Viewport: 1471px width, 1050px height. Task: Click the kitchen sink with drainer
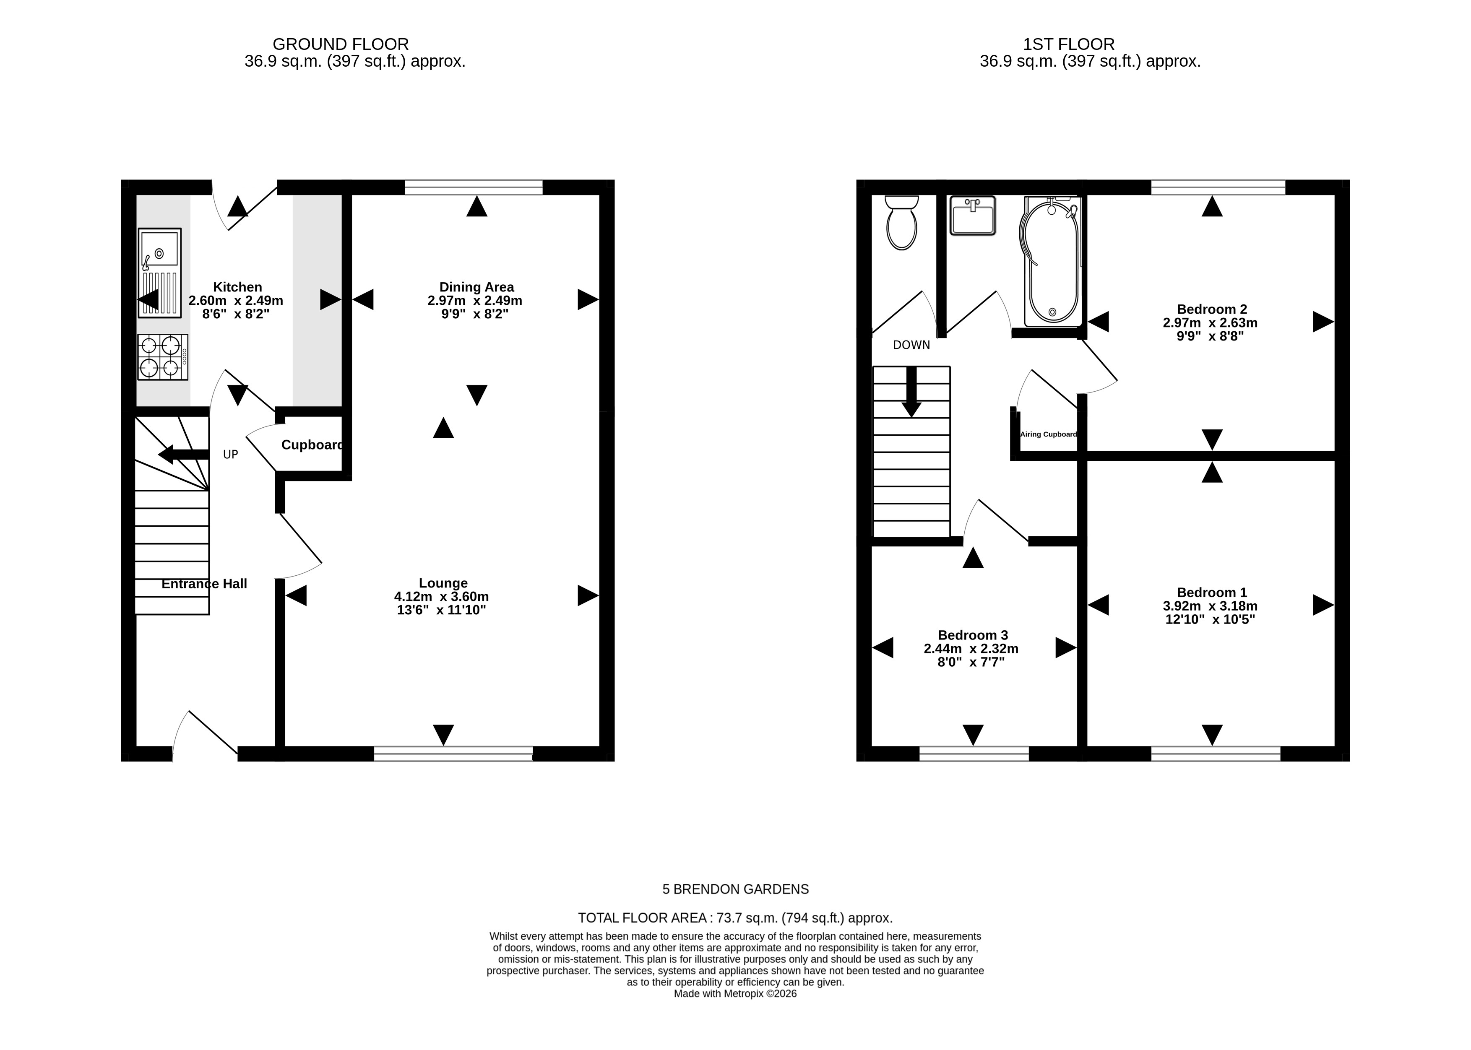(x=160, y=273)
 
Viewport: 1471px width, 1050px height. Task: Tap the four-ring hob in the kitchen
(x=163, y=357)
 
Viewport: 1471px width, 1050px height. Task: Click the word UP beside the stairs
(x=231, y=455)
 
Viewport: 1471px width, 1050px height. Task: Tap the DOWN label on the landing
(x=912, y=345)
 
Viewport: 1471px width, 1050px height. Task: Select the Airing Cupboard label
(x=1049, y=434)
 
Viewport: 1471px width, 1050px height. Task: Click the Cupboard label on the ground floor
(x=312, y=445)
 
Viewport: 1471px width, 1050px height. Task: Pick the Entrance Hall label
(x=204, y=584)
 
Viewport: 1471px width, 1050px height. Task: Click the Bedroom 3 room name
(x=973, y=635)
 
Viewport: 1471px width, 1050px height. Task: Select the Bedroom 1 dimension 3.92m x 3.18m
(x=1211, y=606)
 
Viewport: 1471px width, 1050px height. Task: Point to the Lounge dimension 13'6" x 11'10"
(x=442, y=610)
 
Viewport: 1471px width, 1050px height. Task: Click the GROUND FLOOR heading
(x=341, y=44)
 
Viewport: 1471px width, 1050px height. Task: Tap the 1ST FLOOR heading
(x=1069, y=44)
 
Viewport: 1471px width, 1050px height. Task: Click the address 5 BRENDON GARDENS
(x=736, y=889)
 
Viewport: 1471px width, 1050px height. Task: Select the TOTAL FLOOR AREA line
(x=735, y=917)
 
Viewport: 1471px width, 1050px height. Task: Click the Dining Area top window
(x=474, y=187)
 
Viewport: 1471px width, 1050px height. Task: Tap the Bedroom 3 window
(x=974, y=753)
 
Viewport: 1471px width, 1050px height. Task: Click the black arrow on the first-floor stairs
(x=912, y=392)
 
